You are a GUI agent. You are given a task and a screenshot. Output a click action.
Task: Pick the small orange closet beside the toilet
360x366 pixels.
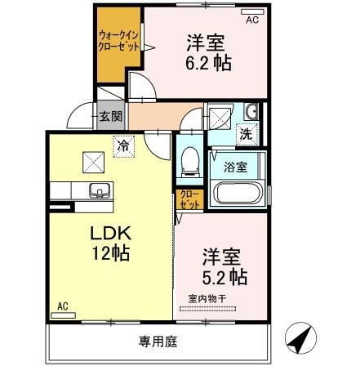coord(188,199)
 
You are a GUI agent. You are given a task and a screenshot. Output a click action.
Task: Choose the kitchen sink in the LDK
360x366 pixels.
coord(100,192)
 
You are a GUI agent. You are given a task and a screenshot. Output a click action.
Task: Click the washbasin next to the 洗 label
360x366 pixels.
coord(250,112)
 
